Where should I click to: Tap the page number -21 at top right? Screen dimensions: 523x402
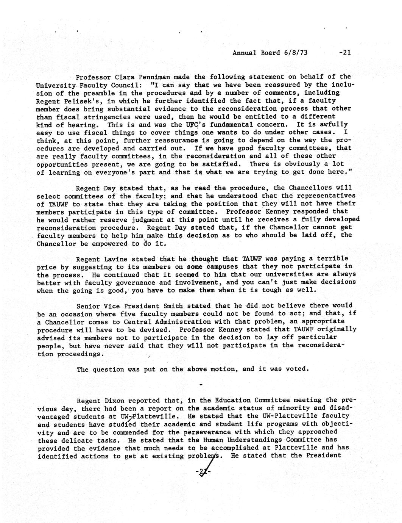pos(344,53)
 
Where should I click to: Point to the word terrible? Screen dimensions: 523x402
pos(332,259)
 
